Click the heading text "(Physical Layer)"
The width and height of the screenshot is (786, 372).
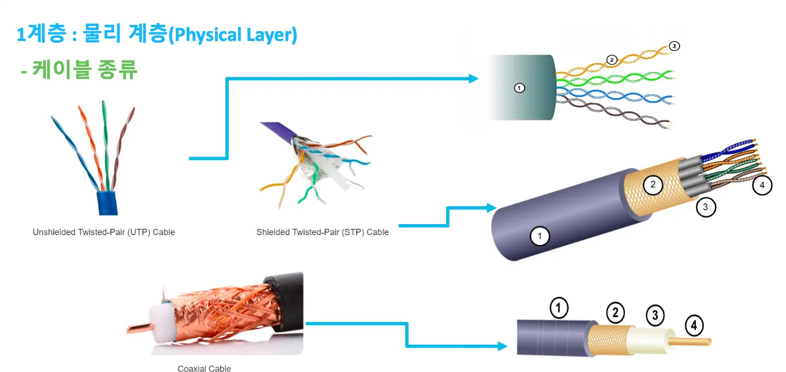235,35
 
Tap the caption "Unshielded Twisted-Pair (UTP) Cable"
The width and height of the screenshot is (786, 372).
103,232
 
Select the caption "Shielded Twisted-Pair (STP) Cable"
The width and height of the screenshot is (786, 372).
322,232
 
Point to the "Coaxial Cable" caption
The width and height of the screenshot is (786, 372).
204,368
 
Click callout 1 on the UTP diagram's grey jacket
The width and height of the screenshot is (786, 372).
519,88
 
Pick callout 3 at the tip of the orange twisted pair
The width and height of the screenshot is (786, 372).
673,46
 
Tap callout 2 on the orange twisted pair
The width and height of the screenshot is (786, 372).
612,59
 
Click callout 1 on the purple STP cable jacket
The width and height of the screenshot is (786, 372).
539,236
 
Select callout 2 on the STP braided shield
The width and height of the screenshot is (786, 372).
652,185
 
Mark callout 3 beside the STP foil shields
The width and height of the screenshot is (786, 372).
706,206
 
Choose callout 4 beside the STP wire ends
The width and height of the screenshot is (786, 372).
762,185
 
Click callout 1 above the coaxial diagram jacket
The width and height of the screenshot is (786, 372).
559,308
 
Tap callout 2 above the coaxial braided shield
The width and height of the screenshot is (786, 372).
616,313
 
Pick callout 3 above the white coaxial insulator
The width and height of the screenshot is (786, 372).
654,315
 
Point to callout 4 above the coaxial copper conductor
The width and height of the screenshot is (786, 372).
694,326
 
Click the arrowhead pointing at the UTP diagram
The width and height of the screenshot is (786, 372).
473,79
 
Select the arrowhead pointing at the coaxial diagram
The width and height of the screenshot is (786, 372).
502,347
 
